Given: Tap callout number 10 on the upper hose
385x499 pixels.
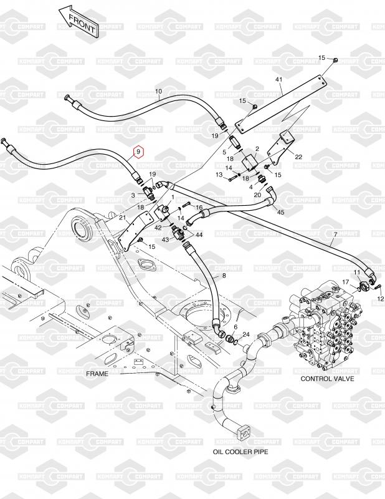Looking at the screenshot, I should (158, 92).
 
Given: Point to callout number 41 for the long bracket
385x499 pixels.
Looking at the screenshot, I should (278, 79).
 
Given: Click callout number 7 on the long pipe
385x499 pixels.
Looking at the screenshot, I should (335, 235).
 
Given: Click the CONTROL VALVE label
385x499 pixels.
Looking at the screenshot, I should (327, 379).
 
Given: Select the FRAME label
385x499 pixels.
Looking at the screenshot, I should (97, 374).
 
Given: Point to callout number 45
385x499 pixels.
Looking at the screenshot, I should (280, 213).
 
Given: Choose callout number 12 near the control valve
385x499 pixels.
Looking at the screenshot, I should (381, 299).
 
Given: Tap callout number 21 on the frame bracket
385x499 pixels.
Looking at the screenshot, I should (123, 218).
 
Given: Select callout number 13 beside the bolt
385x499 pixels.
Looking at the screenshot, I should (219, 175).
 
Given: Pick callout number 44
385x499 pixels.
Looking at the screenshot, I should (199, 235).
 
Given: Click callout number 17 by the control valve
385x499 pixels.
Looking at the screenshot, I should (344, 283).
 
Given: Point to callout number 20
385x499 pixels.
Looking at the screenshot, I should (257, 195).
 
